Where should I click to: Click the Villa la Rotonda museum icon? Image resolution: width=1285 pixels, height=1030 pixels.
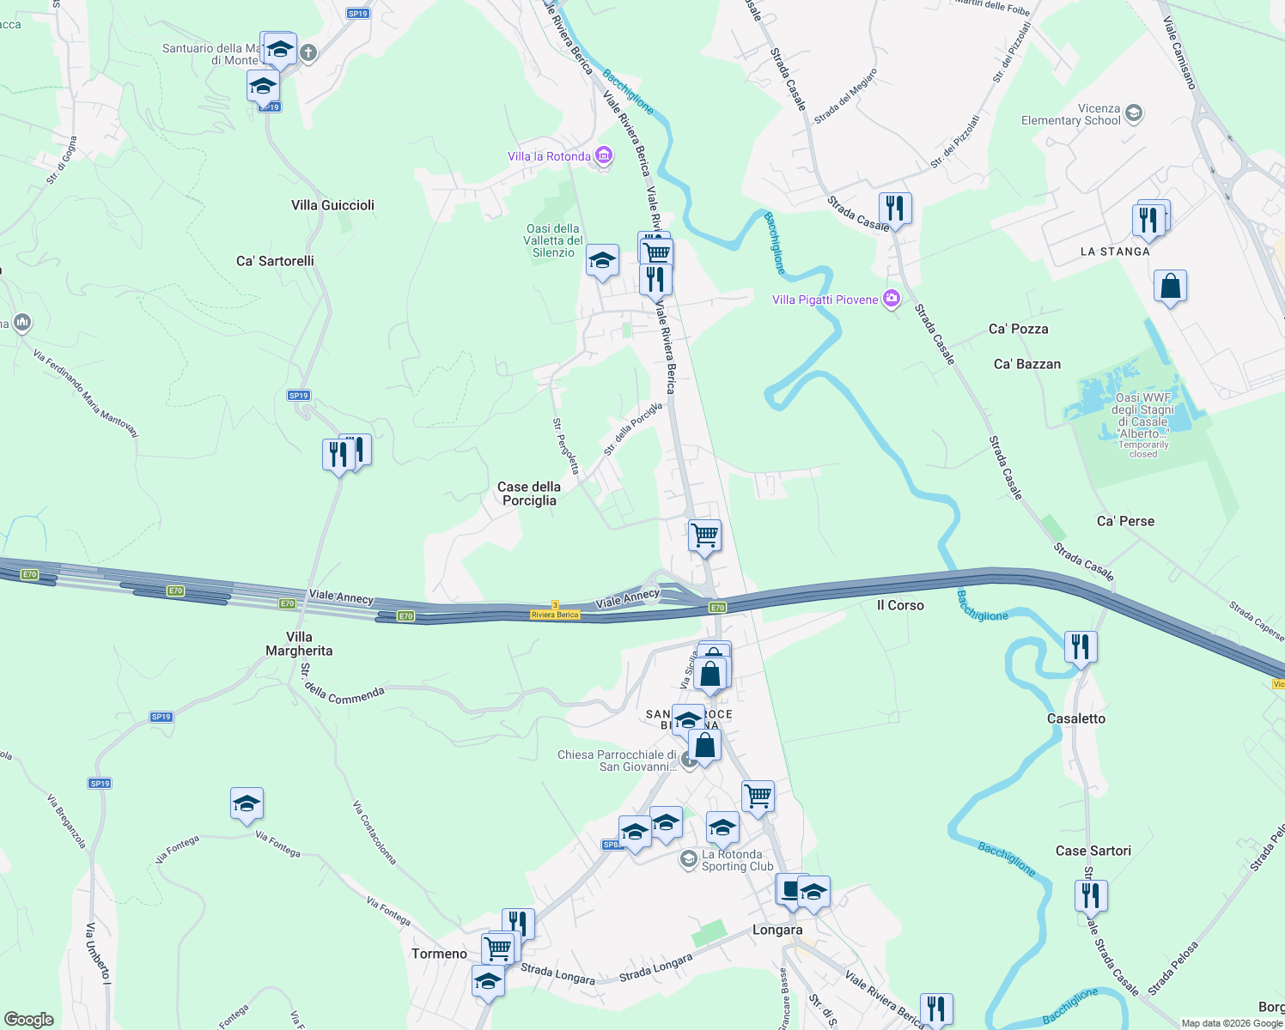pos(604,155)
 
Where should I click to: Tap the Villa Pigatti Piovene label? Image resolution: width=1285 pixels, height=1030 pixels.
pos(825,300)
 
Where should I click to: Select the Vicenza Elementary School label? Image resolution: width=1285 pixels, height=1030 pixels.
pos(1070,115)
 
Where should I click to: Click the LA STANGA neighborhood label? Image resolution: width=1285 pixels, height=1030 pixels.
pos(1115,251)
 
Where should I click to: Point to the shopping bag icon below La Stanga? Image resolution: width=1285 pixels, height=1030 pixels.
pos(1170,287)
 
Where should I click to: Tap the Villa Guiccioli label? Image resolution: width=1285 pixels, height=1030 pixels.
pos(332,205)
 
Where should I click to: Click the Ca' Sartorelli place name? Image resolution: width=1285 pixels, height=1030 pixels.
pos(275,261)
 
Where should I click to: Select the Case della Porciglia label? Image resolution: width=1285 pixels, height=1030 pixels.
pos(529,494)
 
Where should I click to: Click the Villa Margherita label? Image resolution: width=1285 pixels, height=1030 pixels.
pos(299,644)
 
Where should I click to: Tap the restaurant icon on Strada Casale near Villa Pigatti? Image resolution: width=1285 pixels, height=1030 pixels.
pos(895,209)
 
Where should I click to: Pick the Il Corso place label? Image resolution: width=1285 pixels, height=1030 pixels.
pos(900,605)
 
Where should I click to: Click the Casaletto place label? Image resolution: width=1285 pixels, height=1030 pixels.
pos(1076,718)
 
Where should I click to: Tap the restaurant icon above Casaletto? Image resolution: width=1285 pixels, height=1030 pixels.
pos(1081,646)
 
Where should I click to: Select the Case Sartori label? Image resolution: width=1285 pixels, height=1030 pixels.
pos(1093,851)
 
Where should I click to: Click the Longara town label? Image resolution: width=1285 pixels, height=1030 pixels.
pos(777,930)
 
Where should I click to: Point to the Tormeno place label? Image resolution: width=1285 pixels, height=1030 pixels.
pos(439,954)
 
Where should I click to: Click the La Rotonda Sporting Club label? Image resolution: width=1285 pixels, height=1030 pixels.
pos(731,860)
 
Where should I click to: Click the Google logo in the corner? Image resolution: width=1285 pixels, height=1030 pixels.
pos(28,1019)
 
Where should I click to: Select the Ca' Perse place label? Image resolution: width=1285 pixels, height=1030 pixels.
pos(1125,521)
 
